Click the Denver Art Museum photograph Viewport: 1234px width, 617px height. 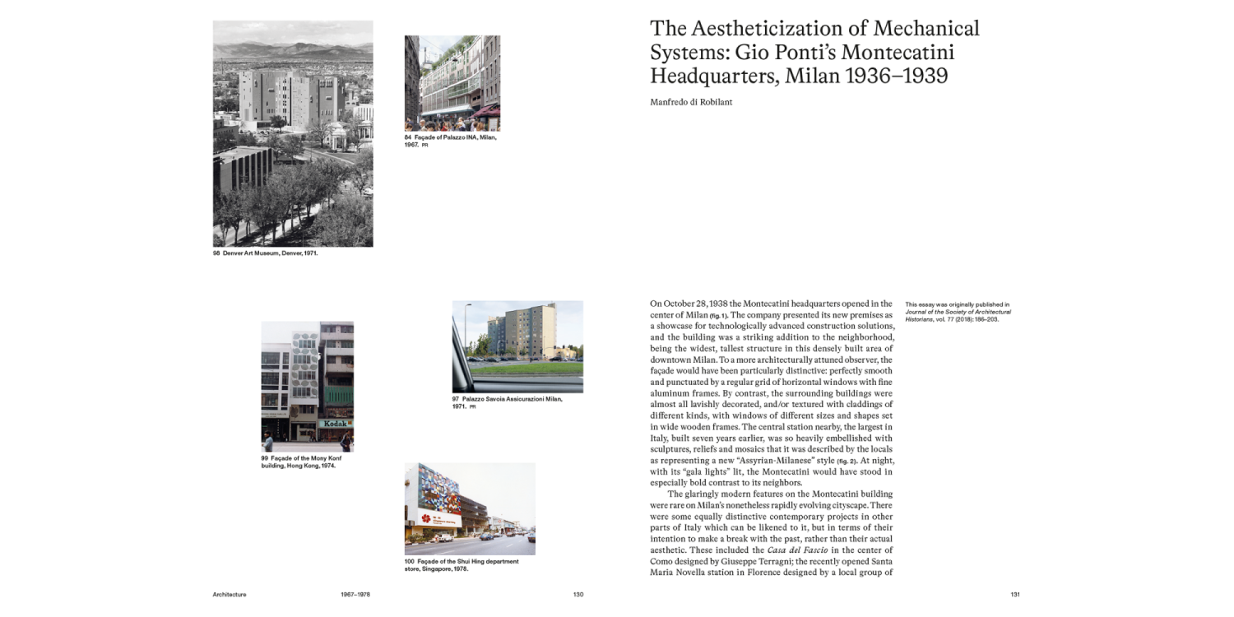coord(293,133)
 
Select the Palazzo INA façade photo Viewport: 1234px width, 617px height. coord(452,83)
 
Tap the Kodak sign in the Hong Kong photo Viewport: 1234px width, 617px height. coord(336,424)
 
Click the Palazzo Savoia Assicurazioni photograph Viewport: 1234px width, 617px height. coord(517,346)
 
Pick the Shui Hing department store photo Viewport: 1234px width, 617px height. coord(470,508)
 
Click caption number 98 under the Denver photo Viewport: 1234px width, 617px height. coord(216,253)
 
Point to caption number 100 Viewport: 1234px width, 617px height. coord(409,561)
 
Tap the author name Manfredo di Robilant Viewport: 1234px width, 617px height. coord(690,101)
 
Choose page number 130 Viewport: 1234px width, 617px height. coord(578,594)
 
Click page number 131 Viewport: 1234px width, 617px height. coord(1014,594)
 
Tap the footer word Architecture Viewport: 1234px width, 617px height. coord(230,594)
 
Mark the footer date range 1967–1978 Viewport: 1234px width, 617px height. coord(355,594)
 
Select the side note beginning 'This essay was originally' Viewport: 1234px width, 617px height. coord(958,313)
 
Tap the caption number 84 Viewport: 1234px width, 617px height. coord(407,137)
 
